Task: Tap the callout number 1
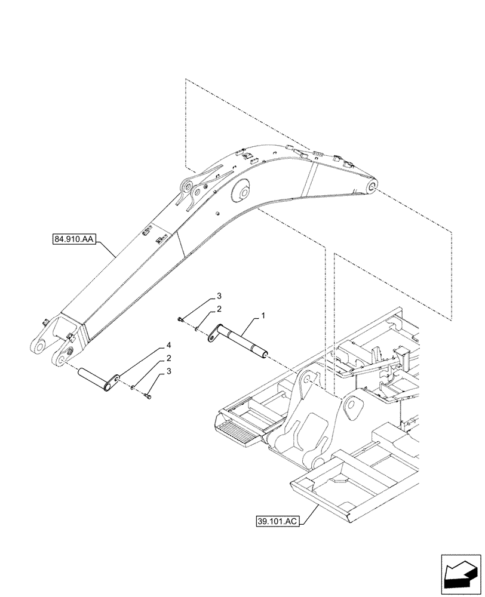[x=262, y=314]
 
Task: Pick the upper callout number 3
[x=219, y=296]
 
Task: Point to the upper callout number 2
[x=219, y=309]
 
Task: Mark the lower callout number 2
[x=169, y=359]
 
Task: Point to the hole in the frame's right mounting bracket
[x=356, y=408]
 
